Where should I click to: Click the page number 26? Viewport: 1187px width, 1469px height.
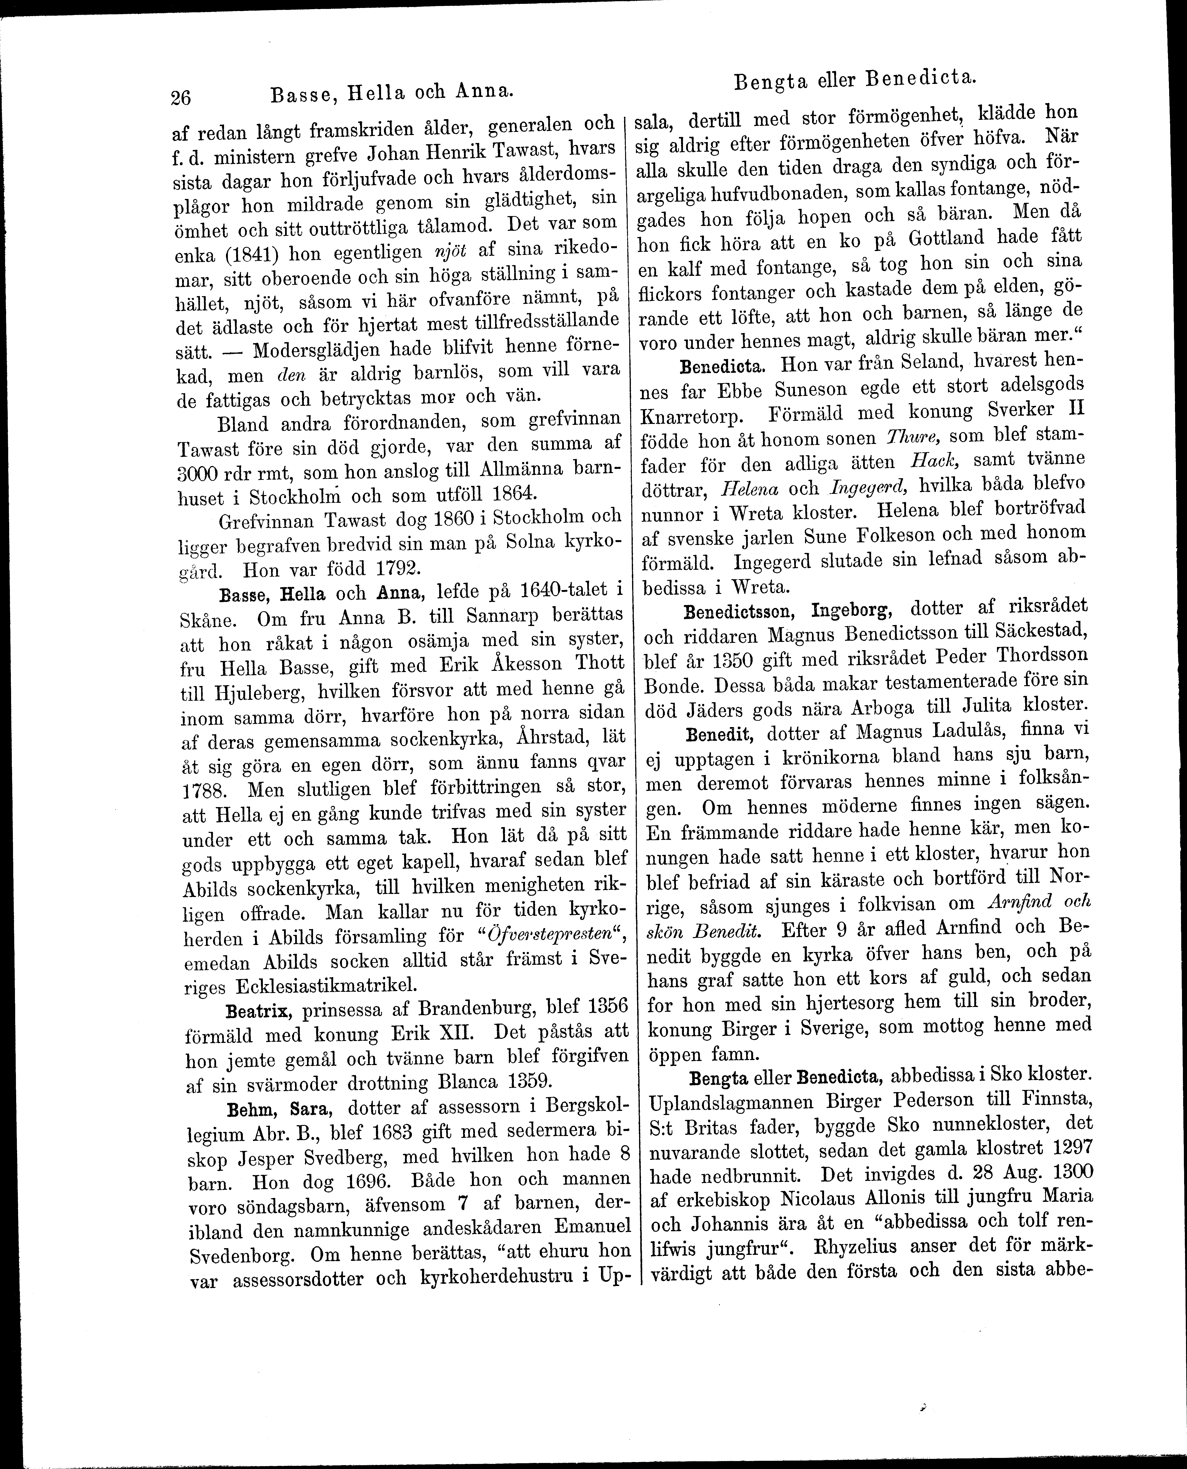[181, 97]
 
